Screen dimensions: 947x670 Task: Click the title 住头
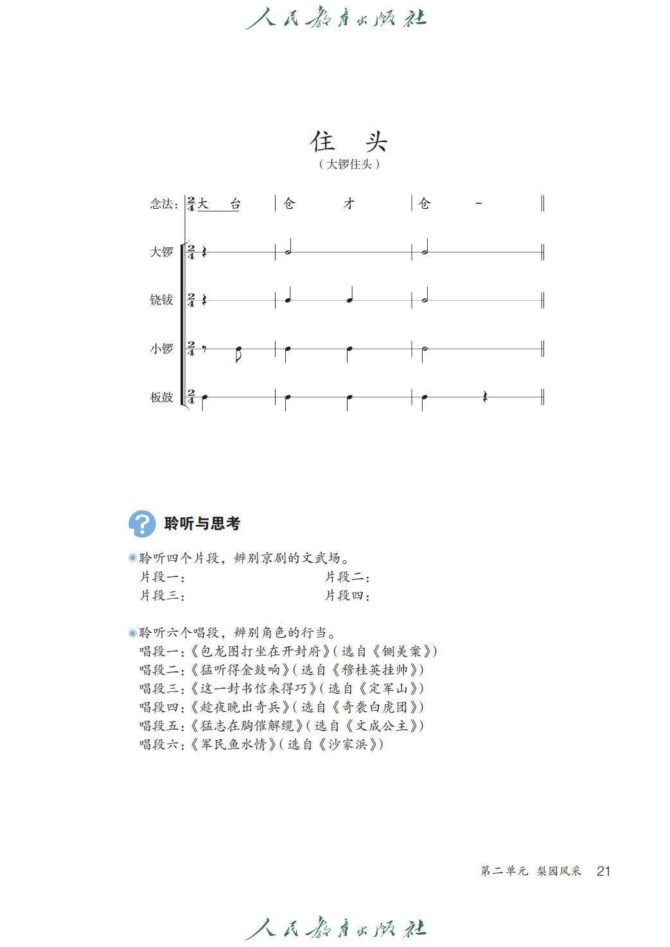pos(349,141)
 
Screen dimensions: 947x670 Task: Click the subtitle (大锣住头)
pos(349,164)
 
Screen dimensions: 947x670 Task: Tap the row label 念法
pos(163,204)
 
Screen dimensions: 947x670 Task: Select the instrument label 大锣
pos(162,252)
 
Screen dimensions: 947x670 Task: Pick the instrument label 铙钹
pos(162,300)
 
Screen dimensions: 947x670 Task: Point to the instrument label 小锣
pos(162,349)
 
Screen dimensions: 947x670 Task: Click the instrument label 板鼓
pos(162,397)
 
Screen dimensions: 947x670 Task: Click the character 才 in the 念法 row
pos(349,204)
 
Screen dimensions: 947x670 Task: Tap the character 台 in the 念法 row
pos(235,204)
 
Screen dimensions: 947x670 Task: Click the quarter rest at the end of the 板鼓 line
pos(485,397)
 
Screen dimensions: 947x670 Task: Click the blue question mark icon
pos(142,524)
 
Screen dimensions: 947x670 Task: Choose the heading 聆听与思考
pos(202,524)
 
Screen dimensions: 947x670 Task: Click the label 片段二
pos(347,577)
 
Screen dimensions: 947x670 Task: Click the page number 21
pos(603,871)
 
